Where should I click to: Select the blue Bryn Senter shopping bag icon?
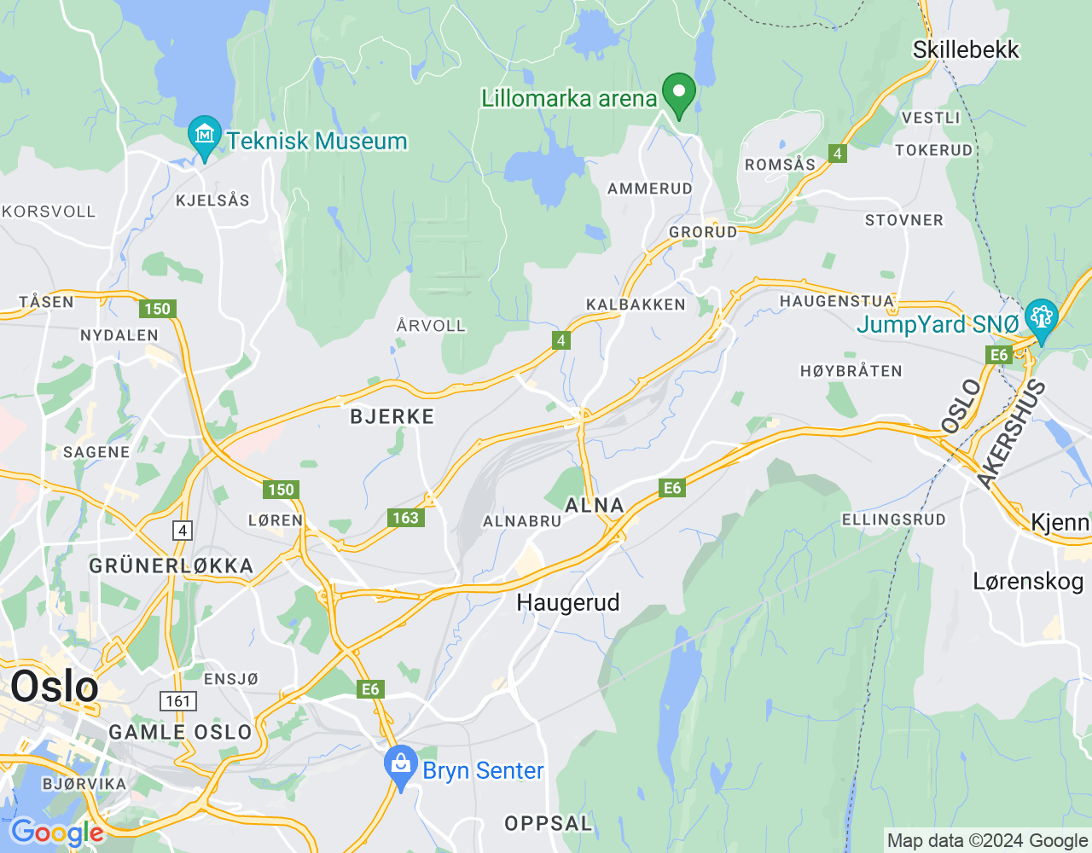400,765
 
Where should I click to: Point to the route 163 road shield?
405,518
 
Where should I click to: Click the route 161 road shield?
178,701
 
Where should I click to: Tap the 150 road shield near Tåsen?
158,309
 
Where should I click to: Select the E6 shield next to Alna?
672,488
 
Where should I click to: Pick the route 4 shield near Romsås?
838,154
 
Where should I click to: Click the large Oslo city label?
55,687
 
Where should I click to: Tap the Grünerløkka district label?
171,566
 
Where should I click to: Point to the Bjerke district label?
392,416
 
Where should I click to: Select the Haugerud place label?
568,602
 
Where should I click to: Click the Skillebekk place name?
966,49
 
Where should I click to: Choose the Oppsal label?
549,823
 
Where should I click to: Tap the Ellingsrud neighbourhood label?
893,519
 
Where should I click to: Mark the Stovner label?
904,220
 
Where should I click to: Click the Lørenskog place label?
1028,582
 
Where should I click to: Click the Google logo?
56,833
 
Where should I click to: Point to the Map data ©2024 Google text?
987,840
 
